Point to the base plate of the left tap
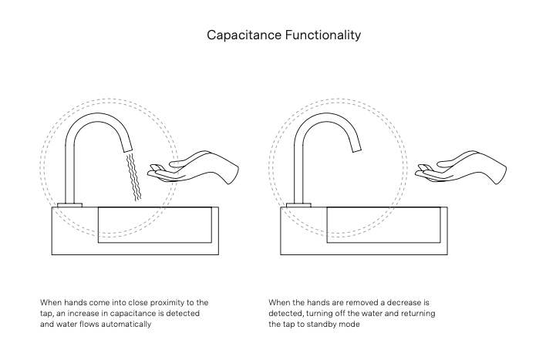69,204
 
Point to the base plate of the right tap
298,204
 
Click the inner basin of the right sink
385,225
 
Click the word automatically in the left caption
126,325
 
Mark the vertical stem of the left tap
69,173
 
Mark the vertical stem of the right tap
298,173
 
